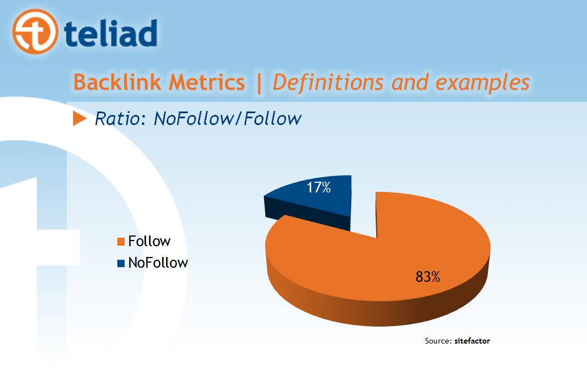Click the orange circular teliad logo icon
[35, 32]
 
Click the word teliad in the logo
[111, 33]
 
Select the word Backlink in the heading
[117, 82]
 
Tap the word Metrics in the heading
[207, 82]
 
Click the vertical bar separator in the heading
[259, 83]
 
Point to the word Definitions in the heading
[328, 83]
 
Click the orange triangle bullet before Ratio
[79, 119]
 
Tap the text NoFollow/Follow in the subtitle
[228, 119]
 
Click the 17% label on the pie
[318, 187]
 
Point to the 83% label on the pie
[428, 277]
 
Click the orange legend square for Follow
[121, 242]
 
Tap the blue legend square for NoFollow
[121, 263]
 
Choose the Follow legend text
[150, 241]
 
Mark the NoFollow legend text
[158, 263]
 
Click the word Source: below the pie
[438, 341]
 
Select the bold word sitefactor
[472, 341]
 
